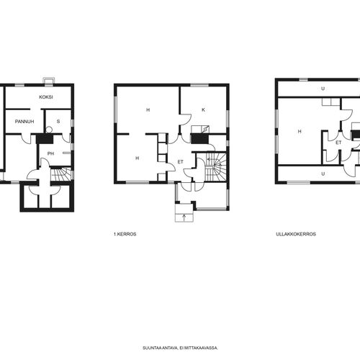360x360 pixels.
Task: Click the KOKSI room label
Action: click(46, 97)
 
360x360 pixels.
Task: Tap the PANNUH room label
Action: click(24, 122)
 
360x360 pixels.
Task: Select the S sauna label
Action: click(58, 122)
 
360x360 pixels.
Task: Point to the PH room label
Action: click(50, 153)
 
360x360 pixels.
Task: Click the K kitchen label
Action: click(203, 109)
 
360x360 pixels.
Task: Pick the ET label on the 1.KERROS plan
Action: click(181, 162)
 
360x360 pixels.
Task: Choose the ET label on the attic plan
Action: click(338, 143)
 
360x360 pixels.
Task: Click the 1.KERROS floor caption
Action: click(125, 234)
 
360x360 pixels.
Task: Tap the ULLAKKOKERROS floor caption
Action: click(296, 234)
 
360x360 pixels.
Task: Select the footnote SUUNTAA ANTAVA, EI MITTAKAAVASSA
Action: click(180, 348)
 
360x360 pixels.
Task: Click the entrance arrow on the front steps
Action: click(184, 217)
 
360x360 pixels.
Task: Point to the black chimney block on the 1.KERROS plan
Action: click(200, 139)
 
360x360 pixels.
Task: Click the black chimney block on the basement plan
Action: click(45, 139)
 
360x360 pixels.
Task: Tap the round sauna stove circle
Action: click(49, 130)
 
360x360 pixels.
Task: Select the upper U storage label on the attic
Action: click(323, 89)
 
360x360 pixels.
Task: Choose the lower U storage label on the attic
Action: click(323, 174)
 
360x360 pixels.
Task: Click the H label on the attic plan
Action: click(300, 131)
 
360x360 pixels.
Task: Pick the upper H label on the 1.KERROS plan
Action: click(148, 109)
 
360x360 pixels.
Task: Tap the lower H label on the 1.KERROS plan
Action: click(137, 158)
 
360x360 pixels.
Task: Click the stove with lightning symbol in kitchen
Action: click(205, 130)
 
